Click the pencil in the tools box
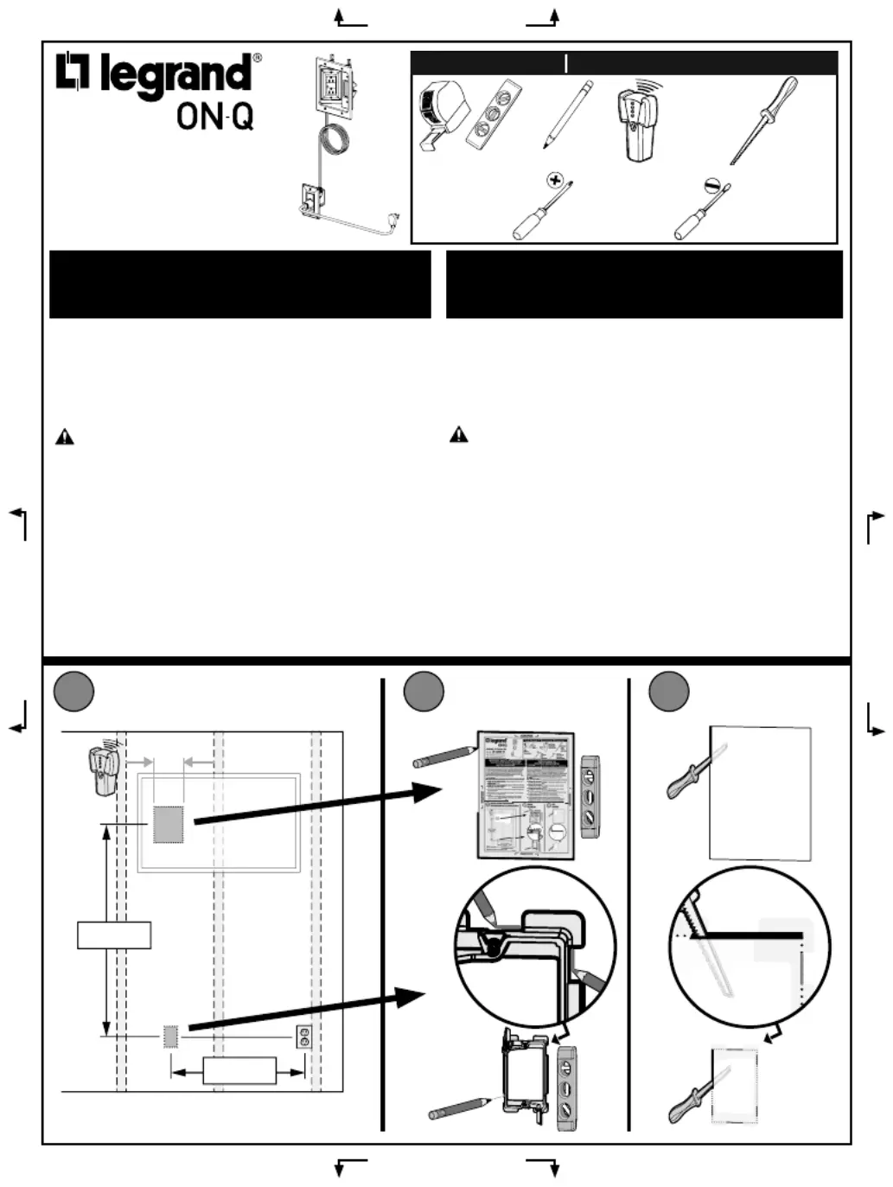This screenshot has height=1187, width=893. [x=568, y=114]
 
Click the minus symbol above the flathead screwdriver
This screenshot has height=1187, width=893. [x=712, y=185]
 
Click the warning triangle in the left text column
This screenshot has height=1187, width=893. [x=65, y=437]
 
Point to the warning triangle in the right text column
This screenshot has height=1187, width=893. [x=458, y=434]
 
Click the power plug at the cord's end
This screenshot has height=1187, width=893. [x=394, y=223]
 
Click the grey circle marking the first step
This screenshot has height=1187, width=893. [x=73, y=692]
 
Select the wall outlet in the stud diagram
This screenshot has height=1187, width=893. [x=303, y=1037]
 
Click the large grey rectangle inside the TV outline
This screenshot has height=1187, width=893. [x=169, y=825]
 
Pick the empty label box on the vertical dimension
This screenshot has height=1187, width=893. [x=114, y=935]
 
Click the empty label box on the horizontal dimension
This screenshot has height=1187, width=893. [x=239, y=1070]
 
